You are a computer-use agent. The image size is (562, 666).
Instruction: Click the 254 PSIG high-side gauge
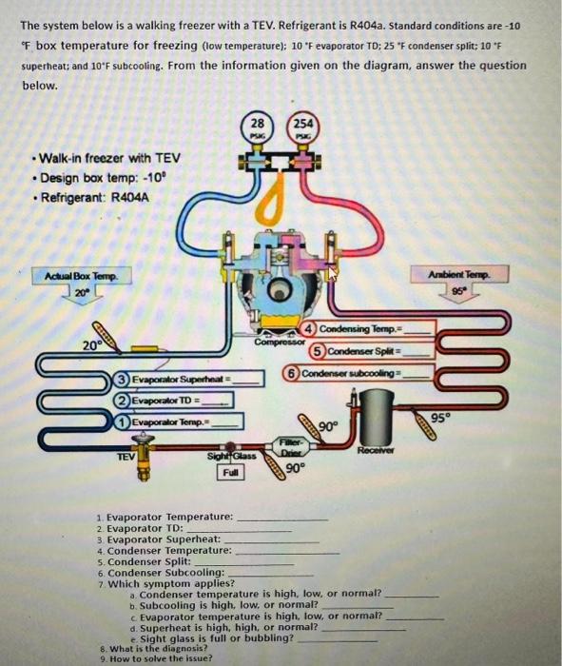(302, 129)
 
